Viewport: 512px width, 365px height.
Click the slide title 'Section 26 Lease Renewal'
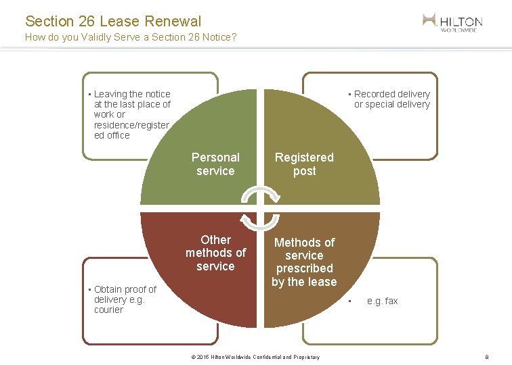pos(113,22)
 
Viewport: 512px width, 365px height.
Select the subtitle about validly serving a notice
pos(130,37)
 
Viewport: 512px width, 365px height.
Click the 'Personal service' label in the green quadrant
pos(215,164)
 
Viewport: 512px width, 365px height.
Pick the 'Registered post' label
pos(304,164)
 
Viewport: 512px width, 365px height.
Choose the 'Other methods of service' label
pos(215,253)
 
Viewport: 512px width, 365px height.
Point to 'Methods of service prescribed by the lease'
pos(304,262)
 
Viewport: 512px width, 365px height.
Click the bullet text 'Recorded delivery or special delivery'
pos(391,99)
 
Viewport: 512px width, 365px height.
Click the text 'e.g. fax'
pos(382,301)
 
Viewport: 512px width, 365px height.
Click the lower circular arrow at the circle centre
pos(260,221)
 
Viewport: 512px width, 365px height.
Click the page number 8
pos(486,357)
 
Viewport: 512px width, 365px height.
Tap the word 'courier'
pos(108,310)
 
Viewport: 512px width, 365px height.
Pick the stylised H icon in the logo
pos(429,20)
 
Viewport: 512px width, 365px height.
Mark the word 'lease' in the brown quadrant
pos(321,281)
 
